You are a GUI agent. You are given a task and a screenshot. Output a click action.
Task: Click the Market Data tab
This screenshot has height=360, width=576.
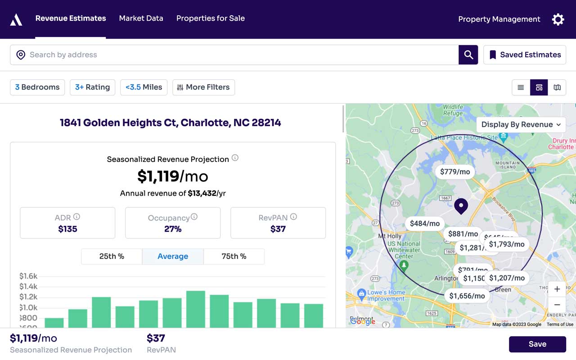[141, 18]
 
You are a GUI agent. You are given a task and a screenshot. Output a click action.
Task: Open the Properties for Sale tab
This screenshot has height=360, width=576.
[210, 18]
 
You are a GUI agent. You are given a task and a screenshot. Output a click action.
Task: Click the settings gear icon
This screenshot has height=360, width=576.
[558, 19]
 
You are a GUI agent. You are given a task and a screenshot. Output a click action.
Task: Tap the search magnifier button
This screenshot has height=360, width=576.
[468, 55]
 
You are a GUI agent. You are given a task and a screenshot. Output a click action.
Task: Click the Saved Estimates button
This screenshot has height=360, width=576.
[525, 55]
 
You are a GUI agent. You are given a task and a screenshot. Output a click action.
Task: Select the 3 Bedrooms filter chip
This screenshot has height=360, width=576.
[37, 87]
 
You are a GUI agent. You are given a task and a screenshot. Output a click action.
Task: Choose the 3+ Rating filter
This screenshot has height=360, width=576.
[92, 87]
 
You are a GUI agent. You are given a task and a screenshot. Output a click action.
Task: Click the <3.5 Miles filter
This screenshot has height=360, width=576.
[144, 87]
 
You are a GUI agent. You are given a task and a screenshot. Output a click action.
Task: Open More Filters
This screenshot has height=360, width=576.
[203, 87]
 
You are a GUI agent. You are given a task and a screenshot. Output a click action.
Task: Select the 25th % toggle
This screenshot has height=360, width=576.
[112, 256]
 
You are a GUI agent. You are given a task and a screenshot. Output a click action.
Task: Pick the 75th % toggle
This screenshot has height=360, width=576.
[234, 256]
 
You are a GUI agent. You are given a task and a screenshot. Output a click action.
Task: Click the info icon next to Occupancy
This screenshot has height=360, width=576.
[194, 217]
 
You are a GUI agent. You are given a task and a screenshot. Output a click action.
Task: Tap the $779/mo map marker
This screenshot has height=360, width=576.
[454, 172]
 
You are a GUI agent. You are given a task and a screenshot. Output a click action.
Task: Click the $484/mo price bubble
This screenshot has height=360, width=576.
[424, 224]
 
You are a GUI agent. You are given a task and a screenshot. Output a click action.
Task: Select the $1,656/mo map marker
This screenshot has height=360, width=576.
[467, 296]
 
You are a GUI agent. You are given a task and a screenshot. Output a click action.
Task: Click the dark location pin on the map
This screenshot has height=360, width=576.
[461, 206]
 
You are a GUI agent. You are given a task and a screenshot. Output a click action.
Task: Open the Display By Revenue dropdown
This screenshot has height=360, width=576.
[521, 125]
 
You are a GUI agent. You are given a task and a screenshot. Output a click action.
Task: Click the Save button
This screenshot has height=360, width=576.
[537, 344]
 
